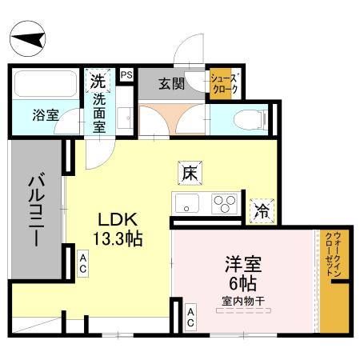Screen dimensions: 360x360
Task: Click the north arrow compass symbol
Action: pos(28,38)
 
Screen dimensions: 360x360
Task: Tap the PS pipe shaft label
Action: pos(126,74)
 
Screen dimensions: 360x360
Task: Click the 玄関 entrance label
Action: pos(172,84)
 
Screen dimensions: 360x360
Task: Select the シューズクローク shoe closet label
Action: pos(224,84)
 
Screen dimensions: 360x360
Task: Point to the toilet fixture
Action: pos(250,120)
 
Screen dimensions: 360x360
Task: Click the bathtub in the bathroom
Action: pos(46,84)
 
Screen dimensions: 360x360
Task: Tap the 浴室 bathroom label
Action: pos(46,115)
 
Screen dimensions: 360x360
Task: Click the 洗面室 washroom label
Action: pos(99,114)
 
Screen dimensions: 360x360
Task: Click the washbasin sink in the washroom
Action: pos(125,118)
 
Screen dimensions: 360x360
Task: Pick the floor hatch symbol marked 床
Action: pos(190,173)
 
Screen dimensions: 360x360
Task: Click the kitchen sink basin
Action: pos(186,204)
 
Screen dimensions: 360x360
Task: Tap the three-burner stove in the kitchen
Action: pos(224,204)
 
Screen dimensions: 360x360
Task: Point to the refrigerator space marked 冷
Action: pos(262,211)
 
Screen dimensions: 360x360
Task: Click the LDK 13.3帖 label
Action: pos(118,229)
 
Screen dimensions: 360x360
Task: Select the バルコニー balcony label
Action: pos(36,210)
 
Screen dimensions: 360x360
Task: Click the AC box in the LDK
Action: pos(83,263)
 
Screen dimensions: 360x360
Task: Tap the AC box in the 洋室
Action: pos(190,318)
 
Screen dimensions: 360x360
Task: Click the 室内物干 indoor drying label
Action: pos(243,302)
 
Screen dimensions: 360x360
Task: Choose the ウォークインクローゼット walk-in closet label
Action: pos(334,254)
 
